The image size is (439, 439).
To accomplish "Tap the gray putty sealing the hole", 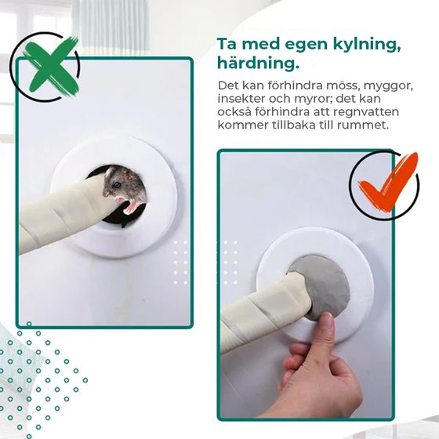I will [321, 283].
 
